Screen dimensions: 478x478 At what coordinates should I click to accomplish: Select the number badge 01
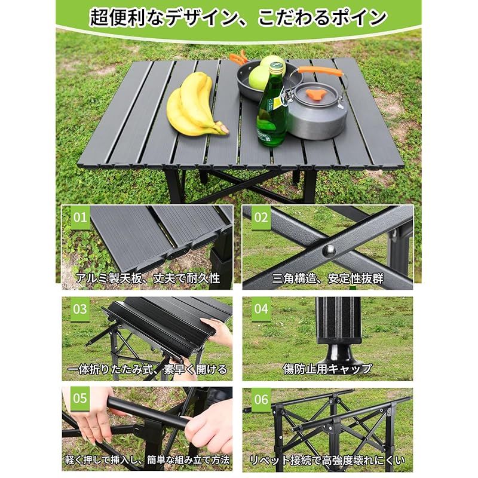80,217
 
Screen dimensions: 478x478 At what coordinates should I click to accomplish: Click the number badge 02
261,217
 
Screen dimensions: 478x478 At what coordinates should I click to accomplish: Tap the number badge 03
80,309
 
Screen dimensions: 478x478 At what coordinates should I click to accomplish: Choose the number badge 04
261,309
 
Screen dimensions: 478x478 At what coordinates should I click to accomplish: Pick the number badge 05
80,399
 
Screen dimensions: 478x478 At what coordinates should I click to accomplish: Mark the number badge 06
261,399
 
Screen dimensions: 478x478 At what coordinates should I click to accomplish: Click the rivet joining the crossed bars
329,251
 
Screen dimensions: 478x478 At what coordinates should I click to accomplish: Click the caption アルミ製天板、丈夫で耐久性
148,278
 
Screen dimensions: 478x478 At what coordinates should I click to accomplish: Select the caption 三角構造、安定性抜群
327,278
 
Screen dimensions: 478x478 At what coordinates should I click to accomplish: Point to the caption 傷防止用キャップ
327,369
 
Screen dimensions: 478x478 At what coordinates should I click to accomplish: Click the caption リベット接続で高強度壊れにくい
327,460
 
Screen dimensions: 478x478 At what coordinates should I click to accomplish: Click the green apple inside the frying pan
259,78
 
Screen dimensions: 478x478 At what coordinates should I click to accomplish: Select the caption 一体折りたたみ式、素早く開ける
147,369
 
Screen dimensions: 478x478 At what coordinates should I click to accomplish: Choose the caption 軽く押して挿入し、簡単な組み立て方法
147,459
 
